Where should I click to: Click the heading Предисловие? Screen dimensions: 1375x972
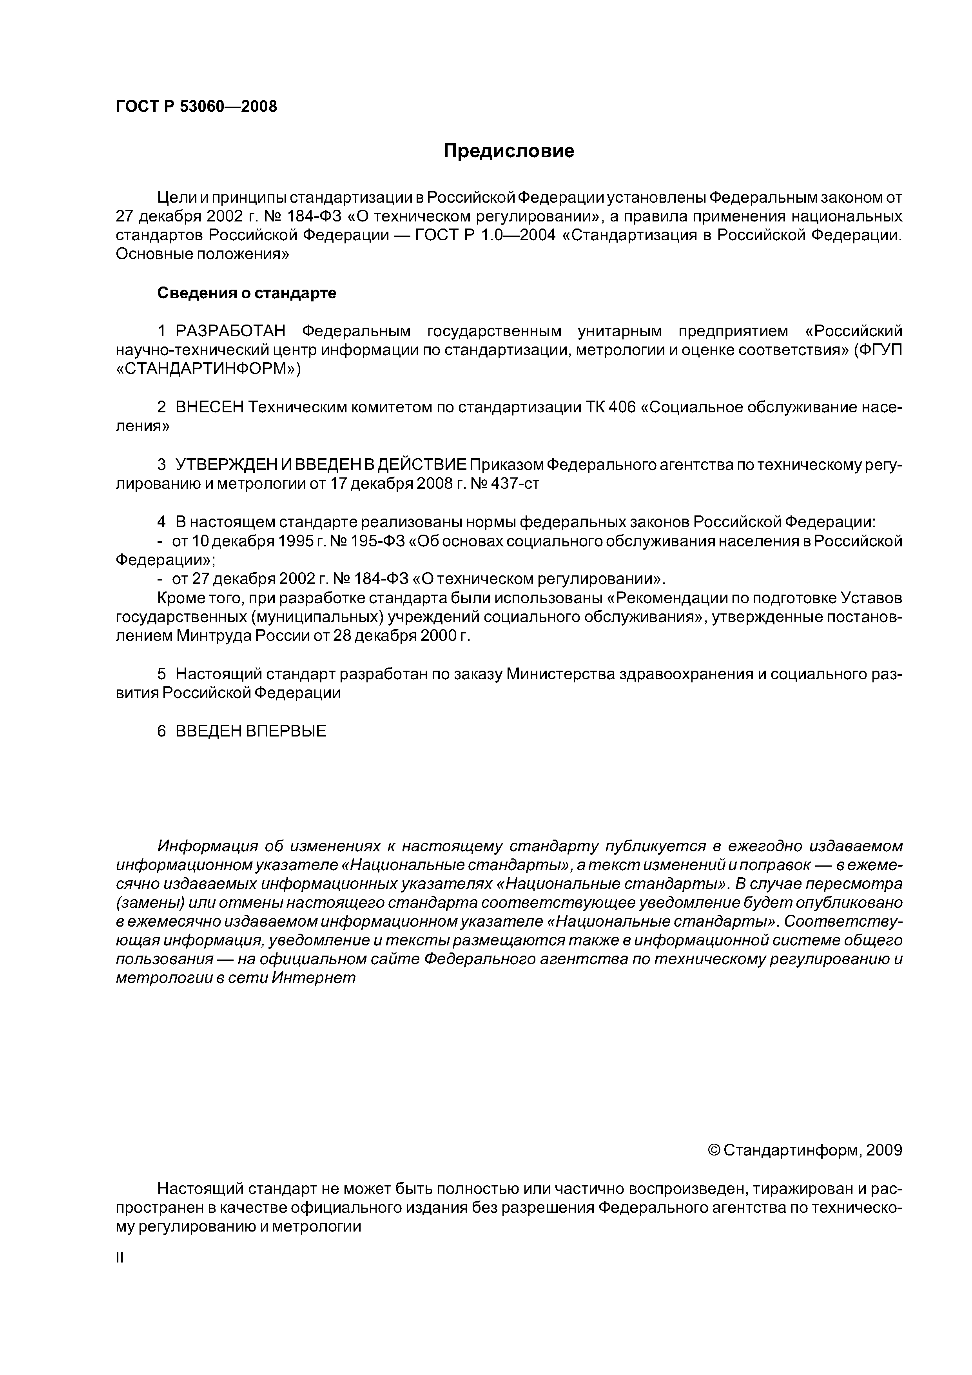(508, 151)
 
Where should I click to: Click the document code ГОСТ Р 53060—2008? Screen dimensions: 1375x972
(196, 107)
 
